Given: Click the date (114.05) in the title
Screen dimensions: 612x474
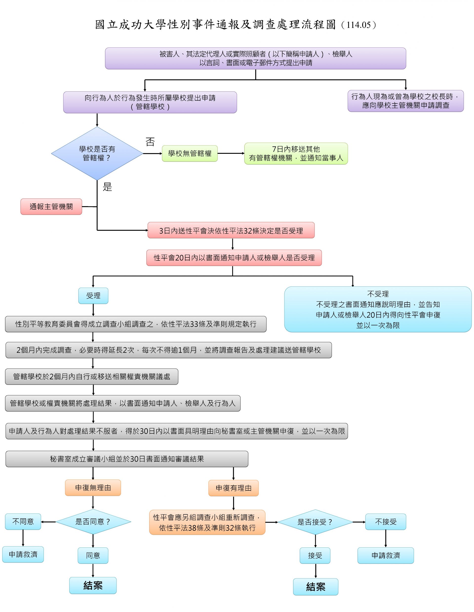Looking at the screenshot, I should pos(358,25).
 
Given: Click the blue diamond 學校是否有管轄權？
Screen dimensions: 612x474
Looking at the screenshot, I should pos(97,153).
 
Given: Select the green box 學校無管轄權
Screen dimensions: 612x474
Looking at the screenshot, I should pos(190,153).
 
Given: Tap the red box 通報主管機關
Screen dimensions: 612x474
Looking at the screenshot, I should pos(51,207).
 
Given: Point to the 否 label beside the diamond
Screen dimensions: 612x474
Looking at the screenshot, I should pos(150,142).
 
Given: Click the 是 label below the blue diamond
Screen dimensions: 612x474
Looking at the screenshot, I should pos(107,187).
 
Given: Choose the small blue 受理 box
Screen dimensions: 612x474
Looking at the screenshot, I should pos(93,296).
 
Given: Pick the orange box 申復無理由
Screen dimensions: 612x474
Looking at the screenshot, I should pos(93,488).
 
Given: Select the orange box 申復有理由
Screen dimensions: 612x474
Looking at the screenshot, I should pos(233,488).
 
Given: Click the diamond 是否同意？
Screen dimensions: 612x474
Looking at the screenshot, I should pos(93,522).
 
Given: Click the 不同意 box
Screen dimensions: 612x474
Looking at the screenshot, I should pos(23,522).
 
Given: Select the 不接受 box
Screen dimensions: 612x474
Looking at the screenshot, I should pos(386,522).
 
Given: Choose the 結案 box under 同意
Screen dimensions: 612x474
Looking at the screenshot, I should pos(93,585).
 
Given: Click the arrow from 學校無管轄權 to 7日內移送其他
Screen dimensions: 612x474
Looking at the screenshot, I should pos(231,153).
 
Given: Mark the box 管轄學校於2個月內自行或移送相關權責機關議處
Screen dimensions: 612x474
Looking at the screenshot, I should pos(92,377).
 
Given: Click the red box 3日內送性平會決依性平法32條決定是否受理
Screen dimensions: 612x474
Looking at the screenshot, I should pos(231,230).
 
